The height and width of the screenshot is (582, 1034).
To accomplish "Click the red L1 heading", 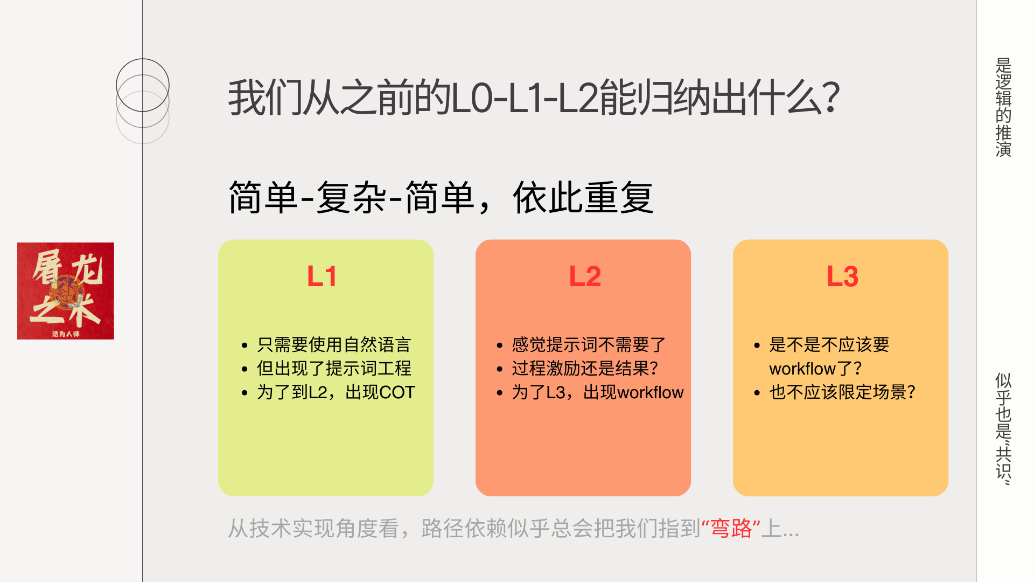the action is pyautogui.click(x=322, y=276).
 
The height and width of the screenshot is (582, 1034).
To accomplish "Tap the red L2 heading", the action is pyautogui.click(x=585, y=276).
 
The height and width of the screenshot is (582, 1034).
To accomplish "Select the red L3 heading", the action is pyautogui.click(x=842, y=276).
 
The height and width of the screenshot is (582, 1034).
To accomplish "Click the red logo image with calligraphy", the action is pyautogui.click(x=66, y=291).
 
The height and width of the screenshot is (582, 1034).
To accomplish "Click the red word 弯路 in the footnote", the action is pyautogui.click(x=731, y=528).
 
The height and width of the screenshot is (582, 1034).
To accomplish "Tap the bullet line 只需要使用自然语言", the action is pyautogui.click(x=334, y=344).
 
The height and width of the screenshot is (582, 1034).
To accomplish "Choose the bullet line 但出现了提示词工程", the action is pyautogui.click(x=334, y=369).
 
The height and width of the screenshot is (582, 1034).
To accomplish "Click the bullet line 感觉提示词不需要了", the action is pyautogui.click(x=589, y=344).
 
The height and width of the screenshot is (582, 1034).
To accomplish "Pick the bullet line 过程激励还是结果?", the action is pyautogui.click(x=585, y=369).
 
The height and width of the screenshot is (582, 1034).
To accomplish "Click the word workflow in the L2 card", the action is pyautogui.click(x=651, y=392).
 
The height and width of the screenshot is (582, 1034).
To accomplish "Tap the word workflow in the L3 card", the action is pyautogui.click(x=794, y=369).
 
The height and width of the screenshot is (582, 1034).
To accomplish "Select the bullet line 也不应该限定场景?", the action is pyautogui.click(x=842, y=392).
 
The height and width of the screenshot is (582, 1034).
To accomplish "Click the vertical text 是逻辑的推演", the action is pyautogui.click(x=1003, y=107).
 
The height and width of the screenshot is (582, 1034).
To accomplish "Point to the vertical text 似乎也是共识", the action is pyautogui.click(x=1003, y=428).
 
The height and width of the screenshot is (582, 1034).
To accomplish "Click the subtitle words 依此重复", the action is pyautogui.click(x=583, y=198).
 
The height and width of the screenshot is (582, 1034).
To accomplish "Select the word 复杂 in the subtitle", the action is pyautogui.click(x=351, y=198).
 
